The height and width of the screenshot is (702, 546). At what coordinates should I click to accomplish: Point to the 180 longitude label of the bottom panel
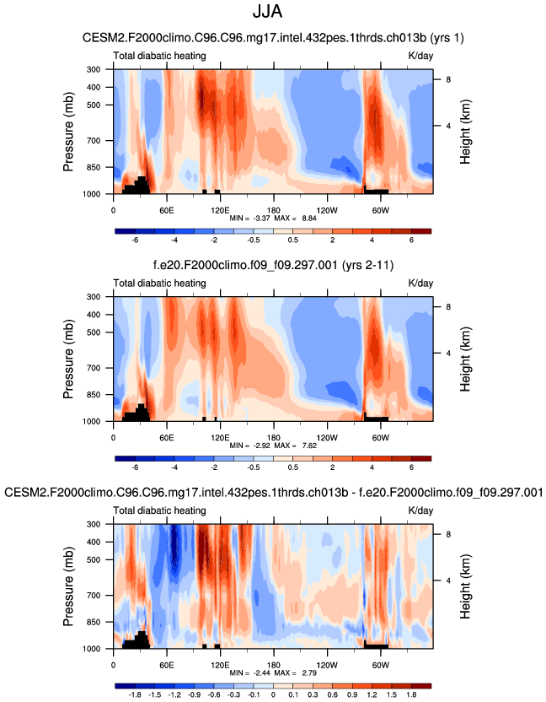(273, 664)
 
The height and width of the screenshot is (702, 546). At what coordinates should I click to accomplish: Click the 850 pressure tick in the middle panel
(94, 395)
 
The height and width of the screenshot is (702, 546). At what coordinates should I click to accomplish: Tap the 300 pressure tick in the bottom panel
(94, 524)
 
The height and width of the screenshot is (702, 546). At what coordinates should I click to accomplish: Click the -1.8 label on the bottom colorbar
(134, 696)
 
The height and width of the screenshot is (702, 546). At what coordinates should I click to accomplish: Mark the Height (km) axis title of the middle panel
(466, 359)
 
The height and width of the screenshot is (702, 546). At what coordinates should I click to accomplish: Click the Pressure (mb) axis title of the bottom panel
(68, 586)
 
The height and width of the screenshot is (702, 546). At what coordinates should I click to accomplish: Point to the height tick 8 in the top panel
(447, 79)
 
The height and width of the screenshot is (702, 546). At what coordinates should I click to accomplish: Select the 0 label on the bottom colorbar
(273, 696)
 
